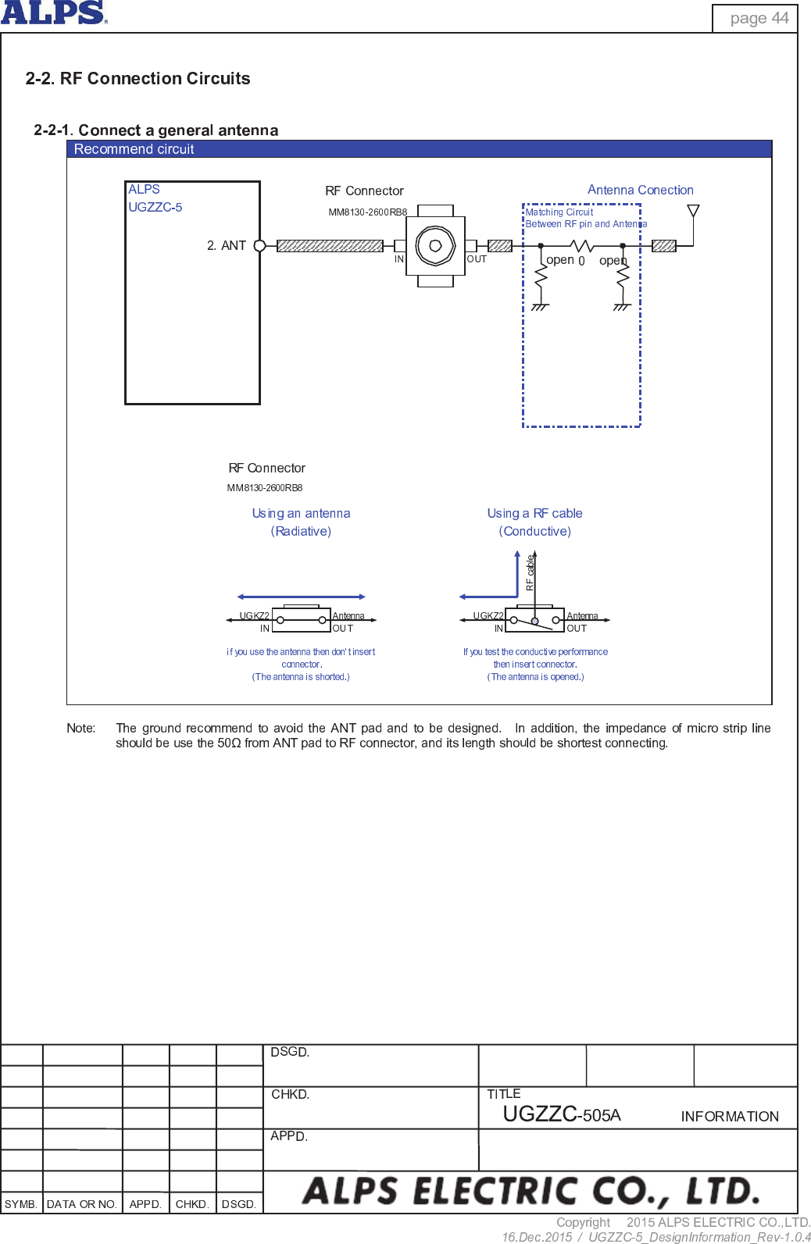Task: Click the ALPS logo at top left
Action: tap(53, 12)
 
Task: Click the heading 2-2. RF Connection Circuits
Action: tap(138, 78)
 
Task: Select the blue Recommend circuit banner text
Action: tap(134, 149)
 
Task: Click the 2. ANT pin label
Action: tap(227, 245)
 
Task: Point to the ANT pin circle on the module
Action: tap(260, 245)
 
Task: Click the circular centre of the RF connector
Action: tap(435, 245)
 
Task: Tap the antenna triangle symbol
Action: tap(693, 211)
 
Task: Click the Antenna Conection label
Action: tap(640, 190)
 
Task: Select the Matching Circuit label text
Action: tap(559, 212)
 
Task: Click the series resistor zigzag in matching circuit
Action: tap(582, 245)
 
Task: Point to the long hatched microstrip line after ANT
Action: tap(330, 245)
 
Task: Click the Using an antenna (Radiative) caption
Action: tap(301, 522)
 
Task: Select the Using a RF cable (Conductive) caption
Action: tap(535, 522)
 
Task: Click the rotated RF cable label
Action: tap(530, 572)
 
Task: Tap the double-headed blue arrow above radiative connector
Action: tap(301, 597)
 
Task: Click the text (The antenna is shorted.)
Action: tap(301, 677)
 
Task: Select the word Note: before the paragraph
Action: tap(81, 728)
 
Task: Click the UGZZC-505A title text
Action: tap(561, 1114)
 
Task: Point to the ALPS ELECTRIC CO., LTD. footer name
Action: tap(531, 1191)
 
